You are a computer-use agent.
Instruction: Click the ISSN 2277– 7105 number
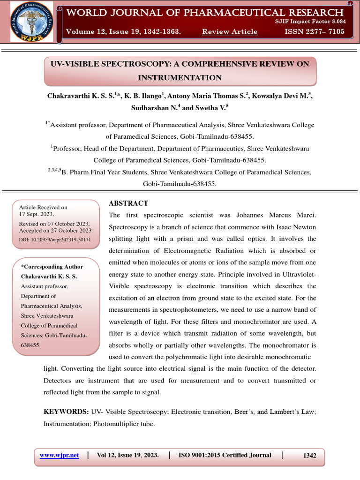pyautogui.click(x=315, y=31)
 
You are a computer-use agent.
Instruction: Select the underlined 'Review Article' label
pyautogui.click(x=230, y=31)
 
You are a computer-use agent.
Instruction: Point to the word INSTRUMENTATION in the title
pyautogui.click(x=180, y=77)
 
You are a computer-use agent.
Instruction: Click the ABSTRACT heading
pyautogui.click(x=128, y=203)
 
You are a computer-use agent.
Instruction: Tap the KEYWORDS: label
pyautogui.click(x=66, y=411)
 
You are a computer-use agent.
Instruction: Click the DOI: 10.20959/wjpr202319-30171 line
pyautogui.click(x=55, y=239)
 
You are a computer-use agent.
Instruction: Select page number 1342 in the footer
pyautogui.click(x=309, y=455)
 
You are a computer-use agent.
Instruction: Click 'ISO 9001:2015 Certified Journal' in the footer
pyautogui.click(x=225, y=455)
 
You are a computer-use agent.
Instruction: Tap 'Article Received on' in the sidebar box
pyautogui.click(x=43, y=207)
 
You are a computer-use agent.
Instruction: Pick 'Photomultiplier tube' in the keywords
pyautogui.click(x=124, y=423)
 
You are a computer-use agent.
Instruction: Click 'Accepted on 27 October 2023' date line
pyautogui.click(x=55, y=231)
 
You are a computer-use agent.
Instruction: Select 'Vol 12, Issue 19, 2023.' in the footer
pyautogui.click(x=127, y=455)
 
